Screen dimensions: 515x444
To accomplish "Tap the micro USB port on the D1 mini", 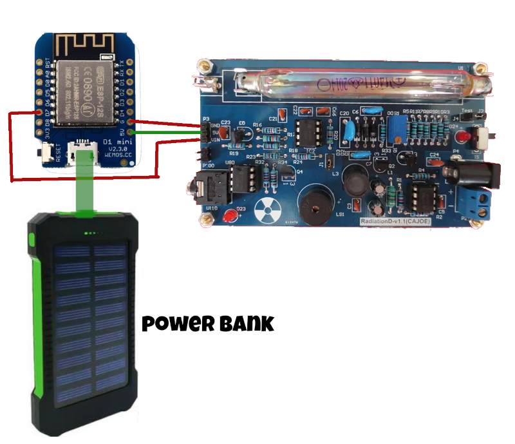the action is click(x=83, y=153).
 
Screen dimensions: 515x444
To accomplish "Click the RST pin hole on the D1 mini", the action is click(x=47, y=64).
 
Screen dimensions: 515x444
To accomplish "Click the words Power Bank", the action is click(x=207, y=323).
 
